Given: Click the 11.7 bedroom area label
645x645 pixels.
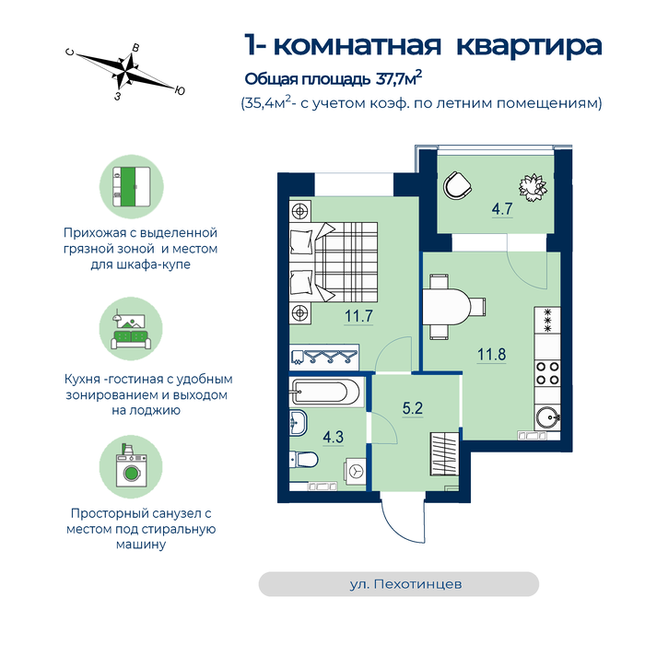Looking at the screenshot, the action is pyautogui.click(x=358, y=316).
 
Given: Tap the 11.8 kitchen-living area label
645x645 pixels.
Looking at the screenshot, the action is pyautogui.click(x=491, y=354).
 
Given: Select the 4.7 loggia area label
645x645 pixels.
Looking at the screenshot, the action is pyautogui.click(x=502, y=208).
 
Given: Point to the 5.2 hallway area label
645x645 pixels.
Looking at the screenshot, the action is pyautogui.click(x=413, y=408).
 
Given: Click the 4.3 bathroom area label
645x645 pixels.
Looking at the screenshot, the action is pyautogui.click(x=334, y=437).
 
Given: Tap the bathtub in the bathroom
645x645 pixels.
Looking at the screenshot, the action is pyautogui.click(x=327, y=392).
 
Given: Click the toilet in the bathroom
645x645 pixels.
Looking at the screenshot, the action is pyautogui.click(x=303, y=459).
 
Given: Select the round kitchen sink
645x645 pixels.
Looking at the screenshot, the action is pyautogui.click(x=547, y=417).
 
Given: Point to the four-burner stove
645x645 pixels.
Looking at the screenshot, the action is pyautogui.click(x=547, y=373).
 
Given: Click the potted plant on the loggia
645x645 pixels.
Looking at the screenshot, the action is pyautogui.click(x=533, y=188).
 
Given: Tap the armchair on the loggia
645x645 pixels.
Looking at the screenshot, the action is pyautogui.click(x=457, y=185).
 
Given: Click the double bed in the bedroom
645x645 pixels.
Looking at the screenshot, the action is pyautogui.click(x=334, y=263).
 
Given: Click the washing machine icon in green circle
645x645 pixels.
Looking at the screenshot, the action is pyautogui.click(x=131, y=467).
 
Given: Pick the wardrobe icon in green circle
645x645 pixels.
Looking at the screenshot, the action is pyautogui.click(x=132, y=186).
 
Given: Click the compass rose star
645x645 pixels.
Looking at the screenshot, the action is pyautogui.click(x=126, y=72).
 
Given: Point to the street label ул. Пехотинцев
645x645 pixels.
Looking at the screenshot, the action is pyautogui.click(x=405, y=584).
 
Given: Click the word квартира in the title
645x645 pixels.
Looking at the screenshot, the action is pyautogui.click(x=530, y=46).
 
